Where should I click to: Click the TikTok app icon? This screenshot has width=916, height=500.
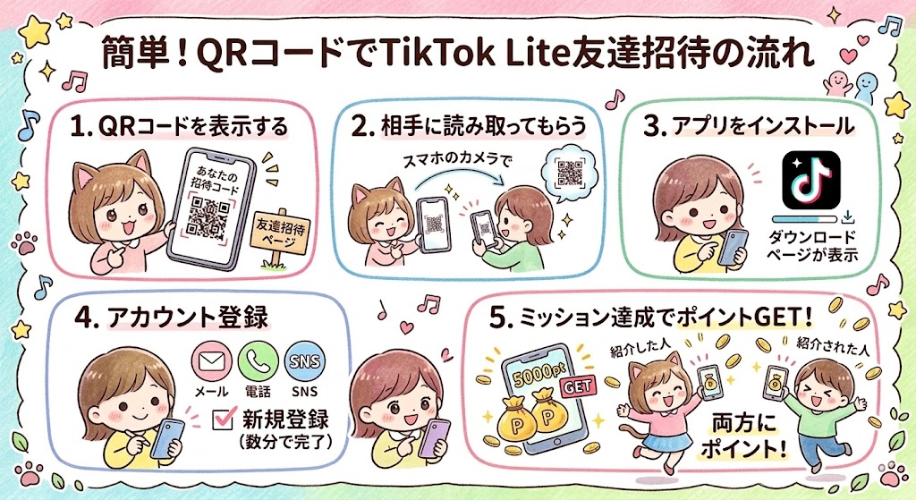coord(810,180)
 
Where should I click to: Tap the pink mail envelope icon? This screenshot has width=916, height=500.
coord(211,362)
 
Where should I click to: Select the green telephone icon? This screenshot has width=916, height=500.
coord(259,362)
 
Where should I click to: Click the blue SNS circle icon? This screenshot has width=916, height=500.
coord(304,362)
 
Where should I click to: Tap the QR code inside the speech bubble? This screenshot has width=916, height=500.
coord(569,173)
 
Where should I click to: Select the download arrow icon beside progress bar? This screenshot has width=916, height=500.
coord(848,218)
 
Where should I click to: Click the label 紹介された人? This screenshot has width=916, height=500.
coord(833,346)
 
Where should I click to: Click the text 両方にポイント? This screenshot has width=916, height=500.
coord(743,436)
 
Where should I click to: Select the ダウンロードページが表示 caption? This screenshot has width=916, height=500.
coord(812,246)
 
